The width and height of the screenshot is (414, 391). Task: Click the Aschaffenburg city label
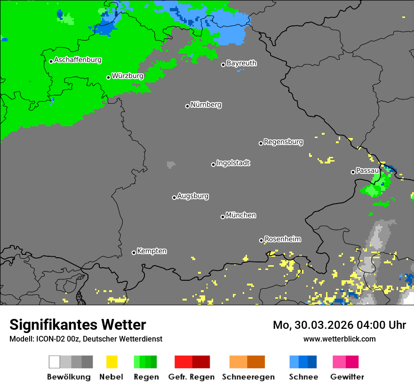click(x=78, y=60)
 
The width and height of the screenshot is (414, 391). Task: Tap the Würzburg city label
click(x=127, y=75)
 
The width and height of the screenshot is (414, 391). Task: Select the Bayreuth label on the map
click(x=241, y=63)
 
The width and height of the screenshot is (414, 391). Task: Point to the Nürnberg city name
click(x=206, y=105)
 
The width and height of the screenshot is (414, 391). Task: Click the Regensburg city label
click(x=283, y=141)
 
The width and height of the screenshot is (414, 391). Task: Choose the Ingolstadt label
click(x=233, y=163)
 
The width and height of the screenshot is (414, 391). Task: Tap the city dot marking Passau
click(x=353, y=172)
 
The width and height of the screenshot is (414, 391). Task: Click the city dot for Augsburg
click(x=174, y=197)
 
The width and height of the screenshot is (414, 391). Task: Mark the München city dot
click(x=223, y=217)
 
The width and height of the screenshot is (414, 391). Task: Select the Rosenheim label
click(x=282, y=239)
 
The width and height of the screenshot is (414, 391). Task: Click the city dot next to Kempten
click(x=134, y=253)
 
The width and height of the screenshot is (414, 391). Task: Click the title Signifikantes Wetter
click(x=78, y=325)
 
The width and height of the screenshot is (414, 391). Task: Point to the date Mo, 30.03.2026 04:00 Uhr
click(x=339, y=325)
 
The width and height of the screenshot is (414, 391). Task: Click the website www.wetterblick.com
click(x=339, y=339)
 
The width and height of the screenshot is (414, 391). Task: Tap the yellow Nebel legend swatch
click(x=111, y=362)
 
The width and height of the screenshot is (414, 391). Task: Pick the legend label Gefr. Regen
click(x=192, y=377)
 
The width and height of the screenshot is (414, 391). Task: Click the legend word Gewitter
click(x=347, y=377)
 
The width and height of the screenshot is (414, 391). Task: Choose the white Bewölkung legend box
click(x=55, y=362)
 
